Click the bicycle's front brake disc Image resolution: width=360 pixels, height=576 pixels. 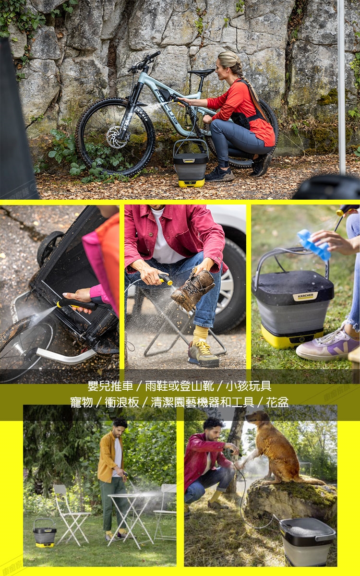point(117,137)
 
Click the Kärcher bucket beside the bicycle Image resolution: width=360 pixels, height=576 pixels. point(191,163)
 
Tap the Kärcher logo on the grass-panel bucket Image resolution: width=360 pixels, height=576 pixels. point(305,296)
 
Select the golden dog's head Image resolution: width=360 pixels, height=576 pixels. point(257,418)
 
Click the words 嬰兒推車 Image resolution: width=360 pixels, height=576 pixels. point(110,386)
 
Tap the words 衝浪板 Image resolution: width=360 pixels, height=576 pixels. point(122,402)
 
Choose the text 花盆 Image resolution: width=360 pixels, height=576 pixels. point(277,402)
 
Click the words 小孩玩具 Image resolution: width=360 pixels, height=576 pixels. point(248,386)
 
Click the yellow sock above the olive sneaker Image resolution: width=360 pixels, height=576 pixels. point(200,336)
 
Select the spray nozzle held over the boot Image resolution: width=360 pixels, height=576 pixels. point(166,280)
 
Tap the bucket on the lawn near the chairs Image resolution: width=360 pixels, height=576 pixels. point(44,533)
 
